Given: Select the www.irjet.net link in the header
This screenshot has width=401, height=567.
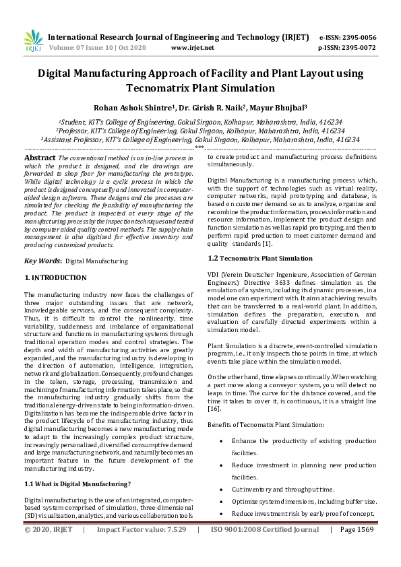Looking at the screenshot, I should point(193,48).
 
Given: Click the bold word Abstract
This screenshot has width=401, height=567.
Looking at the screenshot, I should point(40,157).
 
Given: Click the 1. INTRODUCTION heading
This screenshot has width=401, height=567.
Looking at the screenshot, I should point(55,277).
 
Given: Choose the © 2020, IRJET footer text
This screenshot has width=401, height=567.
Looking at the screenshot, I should point(49,549).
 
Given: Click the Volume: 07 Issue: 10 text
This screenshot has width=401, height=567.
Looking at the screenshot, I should point(94,48).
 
